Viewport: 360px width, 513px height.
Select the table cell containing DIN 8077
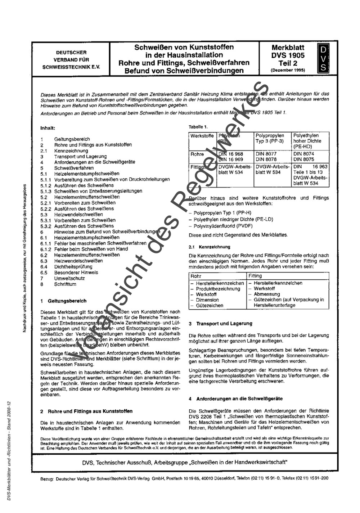(266, 154)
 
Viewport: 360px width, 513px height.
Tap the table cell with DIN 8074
(303, 154)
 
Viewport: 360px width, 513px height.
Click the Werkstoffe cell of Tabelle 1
(202, 137)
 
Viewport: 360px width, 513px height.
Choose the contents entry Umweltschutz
(69, 278)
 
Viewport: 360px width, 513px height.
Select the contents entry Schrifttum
(65, 284)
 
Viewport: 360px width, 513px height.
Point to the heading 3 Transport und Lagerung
(220, 324)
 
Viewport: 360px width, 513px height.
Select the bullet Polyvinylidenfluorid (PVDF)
(223, 226)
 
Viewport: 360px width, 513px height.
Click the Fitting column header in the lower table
(255, 276)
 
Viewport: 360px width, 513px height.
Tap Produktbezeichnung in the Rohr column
(218, 289)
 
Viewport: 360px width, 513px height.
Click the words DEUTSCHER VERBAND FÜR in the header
(71, 56)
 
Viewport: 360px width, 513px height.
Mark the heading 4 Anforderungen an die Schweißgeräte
(235, 399)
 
